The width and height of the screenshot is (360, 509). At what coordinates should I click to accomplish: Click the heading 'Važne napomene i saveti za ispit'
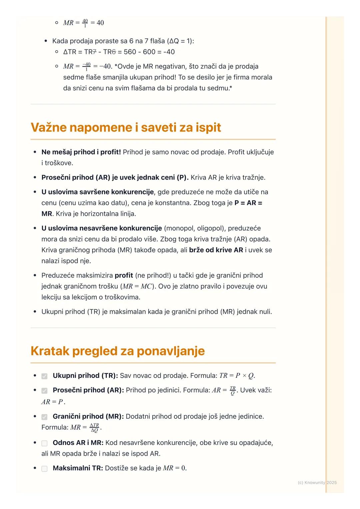point(126,128)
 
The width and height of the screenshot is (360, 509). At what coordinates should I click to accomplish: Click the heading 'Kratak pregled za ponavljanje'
point(117,351)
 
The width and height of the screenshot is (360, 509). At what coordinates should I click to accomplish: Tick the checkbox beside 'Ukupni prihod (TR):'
point(44,376)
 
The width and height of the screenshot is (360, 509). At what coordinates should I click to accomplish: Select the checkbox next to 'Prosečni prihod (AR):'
point(44,390)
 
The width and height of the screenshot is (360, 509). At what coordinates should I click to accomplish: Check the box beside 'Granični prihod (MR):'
point(44,417)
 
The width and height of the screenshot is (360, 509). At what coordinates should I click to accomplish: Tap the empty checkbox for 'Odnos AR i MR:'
point(44,443)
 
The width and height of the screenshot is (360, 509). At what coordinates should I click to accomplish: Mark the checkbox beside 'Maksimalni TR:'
point(44,469)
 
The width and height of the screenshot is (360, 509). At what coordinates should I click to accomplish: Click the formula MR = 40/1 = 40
point(83,23)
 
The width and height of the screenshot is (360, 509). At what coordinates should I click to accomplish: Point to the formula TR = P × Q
point(237,376)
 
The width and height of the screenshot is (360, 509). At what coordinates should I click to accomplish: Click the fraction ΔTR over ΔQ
point(95,427)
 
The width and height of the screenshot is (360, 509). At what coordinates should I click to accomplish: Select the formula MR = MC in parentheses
point(137,286)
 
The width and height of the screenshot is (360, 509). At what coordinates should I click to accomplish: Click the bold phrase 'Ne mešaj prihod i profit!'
point(81,152)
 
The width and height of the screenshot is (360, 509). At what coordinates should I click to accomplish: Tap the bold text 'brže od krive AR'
point(216,250)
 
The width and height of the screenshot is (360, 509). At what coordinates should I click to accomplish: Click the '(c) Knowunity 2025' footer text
point(317,482)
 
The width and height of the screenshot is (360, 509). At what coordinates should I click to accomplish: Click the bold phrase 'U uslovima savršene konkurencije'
point(98,192)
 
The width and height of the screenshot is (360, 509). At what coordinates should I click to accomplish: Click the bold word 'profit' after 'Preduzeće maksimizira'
point(124,275)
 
